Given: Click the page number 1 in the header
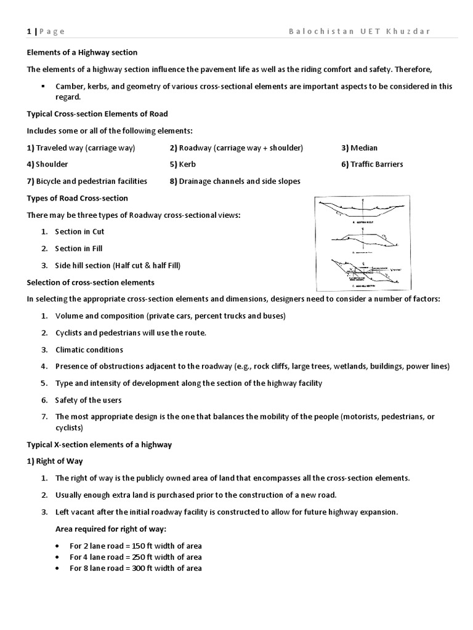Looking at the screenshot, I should coord(29,31).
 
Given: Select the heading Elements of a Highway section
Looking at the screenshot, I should coord(82,52).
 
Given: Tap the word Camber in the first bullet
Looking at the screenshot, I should coord(69,86).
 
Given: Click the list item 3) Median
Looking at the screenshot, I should coord(360,148).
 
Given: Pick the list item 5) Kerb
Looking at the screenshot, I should coord(182,164).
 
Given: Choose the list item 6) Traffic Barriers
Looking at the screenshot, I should coord(373,164).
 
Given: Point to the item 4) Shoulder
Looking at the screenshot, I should coord(47,164).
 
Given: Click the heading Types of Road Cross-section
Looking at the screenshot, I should coord(78,197).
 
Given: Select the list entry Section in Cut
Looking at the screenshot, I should coord(79,231).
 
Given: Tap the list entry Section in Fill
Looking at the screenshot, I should coord(79,249).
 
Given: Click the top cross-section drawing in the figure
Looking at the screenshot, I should coord(361,212).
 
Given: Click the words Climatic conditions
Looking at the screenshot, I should coord(89,349).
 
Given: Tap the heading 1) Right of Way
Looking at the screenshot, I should coord(55,461).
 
